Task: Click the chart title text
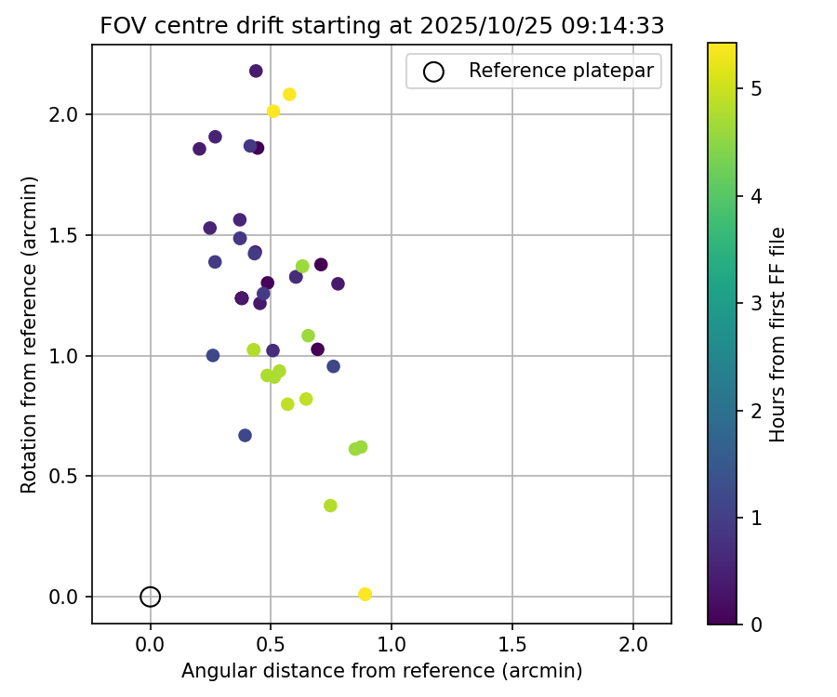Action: (381, 26)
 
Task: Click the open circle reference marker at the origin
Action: (151, 597)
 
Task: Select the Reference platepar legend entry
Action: (534, 71)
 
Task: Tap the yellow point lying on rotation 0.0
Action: (365, 594)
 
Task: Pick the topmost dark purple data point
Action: (256, 71)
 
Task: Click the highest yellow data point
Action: (289, 94)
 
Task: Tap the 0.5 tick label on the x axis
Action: (272, 644)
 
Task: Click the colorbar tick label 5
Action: (757, 89)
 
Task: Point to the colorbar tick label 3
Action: (757, 303)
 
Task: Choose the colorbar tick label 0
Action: (757, 624)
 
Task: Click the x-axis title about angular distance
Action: (381, 671)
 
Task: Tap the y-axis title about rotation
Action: (30, 335)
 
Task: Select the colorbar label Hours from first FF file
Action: (778, 335)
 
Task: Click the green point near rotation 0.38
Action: (330, 506)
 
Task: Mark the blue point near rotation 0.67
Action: (245, 435)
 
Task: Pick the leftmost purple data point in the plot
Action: (199, 149)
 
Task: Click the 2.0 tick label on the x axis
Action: (633, 644)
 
